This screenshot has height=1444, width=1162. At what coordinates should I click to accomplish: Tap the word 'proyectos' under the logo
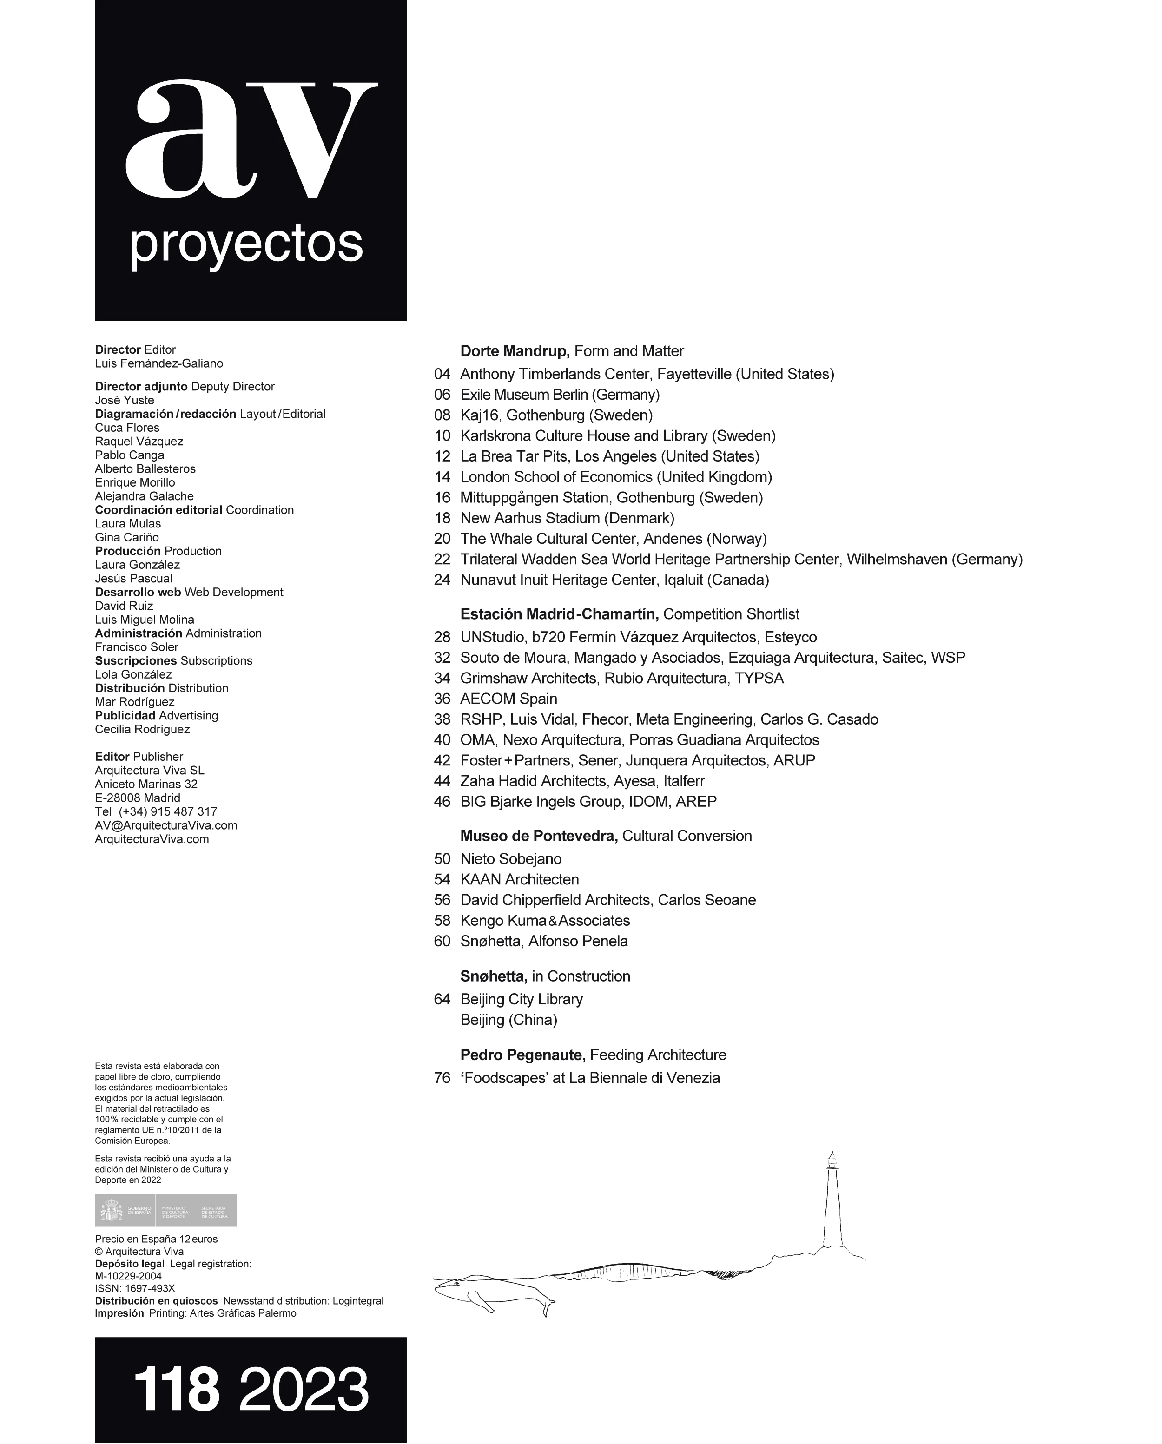pos(246,245)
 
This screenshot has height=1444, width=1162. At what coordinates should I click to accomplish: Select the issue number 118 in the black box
pos(177,1389)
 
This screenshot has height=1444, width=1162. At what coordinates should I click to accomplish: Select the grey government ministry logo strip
pos(165,1210)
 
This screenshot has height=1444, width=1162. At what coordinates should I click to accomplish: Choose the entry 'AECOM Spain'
pos(508,699)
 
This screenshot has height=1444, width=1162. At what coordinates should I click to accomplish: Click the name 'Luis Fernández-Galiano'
pos(158,364)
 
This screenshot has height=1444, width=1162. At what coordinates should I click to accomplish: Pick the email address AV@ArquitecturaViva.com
pos(166,825)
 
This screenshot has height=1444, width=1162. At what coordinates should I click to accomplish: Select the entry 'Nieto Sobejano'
pos(511,858)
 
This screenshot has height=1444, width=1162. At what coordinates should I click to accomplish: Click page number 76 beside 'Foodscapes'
pos(442,1078)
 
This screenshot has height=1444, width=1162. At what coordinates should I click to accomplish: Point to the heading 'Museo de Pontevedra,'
pos(539,836)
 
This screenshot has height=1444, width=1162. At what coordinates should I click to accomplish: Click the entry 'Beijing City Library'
pos(521,999)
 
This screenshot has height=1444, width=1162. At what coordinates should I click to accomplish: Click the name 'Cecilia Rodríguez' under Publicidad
pos(142,729)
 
